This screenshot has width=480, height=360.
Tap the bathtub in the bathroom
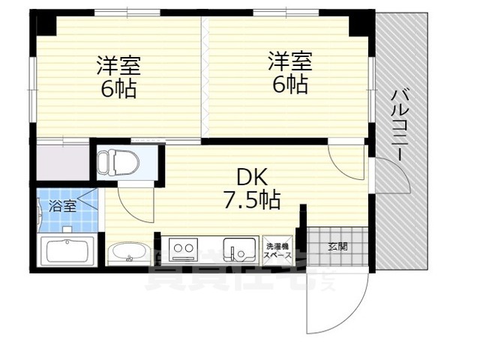tap(67, 250)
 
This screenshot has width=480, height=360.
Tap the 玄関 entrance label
tap(337, 246)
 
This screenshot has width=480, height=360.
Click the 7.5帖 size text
tap(252, 200)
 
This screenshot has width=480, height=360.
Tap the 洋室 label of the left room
tap(118, 65)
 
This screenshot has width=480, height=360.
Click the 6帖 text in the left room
tap(118, 88)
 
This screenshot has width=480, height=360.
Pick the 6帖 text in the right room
tap(291, 83)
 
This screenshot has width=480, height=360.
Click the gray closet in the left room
tap(63, 160)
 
